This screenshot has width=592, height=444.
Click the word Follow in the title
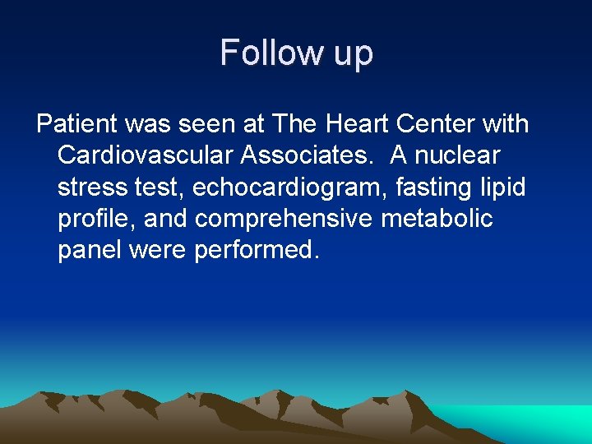(263, 53)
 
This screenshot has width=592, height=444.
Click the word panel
(90, 250)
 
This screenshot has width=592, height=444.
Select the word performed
(255, 250)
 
